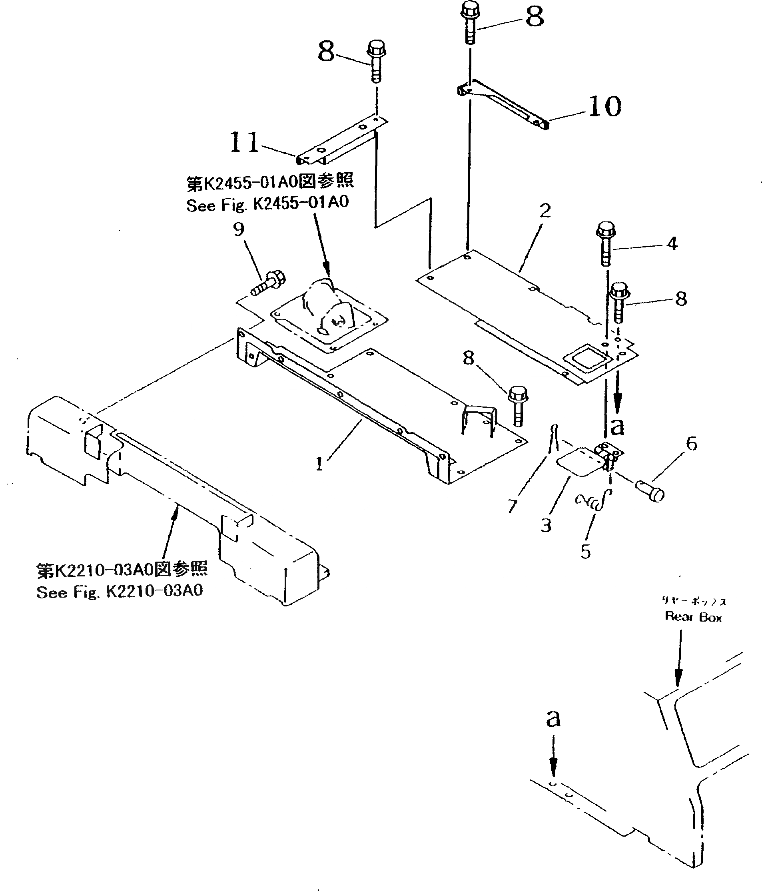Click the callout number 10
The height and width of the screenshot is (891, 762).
coord(604,107)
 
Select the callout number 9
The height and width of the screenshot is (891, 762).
coord(239,229)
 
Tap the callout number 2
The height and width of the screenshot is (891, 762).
coord(545,211)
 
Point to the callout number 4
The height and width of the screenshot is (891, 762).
coord(672,244)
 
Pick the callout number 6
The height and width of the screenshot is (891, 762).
coord(692,443)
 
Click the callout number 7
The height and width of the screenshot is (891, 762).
coord(512,506)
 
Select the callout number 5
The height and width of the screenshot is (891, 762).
coord(586,552)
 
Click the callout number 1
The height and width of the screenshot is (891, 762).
coord(319,464)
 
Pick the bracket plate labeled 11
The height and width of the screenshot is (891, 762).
coord(342,142)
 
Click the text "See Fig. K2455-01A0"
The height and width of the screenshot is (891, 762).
coord(267,204)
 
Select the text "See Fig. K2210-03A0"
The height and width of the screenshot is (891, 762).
coord(120,592)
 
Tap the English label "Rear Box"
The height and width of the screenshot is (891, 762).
coord(693,617)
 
